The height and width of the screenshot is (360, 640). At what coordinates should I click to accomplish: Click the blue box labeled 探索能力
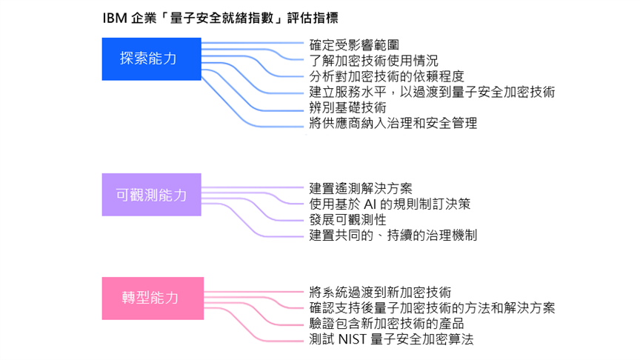(151, 59)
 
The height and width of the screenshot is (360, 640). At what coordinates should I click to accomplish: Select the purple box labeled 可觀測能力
(151, 195)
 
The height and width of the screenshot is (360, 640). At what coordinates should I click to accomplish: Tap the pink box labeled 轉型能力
(151, 298)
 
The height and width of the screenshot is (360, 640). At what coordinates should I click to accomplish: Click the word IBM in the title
(114, 17)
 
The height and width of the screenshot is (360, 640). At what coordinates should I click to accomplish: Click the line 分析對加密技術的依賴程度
(386, 76)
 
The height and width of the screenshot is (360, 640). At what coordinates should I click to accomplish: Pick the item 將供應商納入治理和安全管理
(393, 123)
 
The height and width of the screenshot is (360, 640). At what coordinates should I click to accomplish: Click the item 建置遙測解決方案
(361, 188)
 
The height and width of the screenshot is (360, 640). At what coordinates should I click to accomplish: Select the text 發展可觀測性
(347, 219)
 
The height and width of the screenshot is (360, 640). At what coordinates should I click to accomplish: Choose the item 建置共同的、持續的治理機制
(393, 236)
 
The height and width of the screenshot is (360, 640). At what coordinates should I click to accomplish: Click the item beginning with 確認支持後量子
(432, 307)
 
